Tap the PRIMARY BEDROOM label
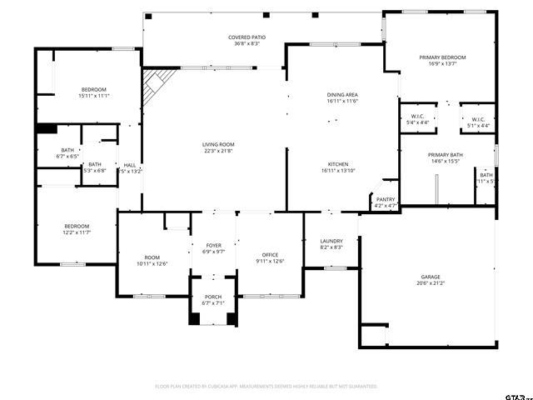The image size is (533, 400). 442,57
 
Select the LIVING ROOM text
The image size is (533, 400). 218,144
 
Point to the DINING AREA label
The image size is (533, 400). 342,95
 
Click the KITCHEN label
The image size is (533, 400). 338,164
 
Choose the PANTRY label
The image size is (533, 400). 386,199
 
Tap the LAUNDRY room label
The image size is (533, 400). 331,241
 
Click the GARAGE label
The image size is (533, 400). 430,277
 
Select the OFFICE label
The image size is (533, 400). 270,254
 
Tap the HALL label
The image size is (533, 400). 130,165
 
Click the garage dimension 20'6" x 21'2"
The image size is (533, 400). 430,283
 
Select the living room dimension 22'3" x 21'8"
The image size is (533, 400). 218,151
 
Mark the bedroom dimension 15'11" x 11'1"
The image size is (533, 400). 94,96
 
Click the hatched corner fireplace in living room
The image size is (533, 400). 156,83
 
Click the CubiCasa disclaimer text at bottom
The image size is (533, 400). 266,387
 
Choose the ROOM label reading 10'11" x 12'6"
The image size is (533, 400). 152,257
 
